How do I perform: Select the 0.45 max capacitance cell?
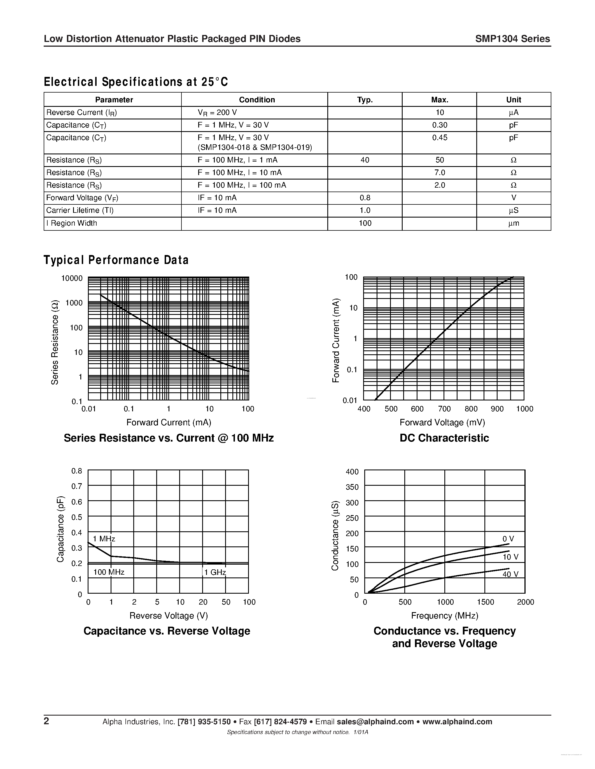[x=439, y=138]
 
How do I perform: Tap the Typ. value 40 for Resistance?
[x=365, y=160]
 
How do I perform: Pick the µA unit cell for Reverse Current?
[x=513, y=113]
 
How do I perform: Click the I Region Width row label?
[x=72, y=223]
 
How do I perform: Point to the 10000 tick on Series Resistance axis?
[x=72, y=279]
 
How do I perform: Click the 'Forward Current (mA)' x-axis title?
[x=169, y=422]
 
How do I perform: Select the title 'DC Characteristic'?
[x=444, y=438]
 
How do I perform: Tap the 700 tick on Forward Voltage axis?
[x=444, y=409]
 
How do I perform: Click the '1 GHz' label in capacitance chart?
[x=215, y=572]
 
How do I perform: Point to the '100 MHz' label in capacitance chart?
[x=109, y=572]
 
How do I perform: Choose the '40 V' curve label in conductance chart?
[x=510, y=574]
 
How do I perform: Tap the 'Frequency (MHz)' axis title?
[x=444, y=615]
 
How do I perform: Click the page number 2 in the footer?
[x=46, y=721]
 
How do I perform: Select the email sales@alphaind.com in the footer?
[x=375, y=722]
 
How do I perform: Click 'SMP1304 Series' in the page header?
[x=512, y=39]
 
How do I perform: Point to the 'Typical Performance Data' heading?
[x=116, y=260]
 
